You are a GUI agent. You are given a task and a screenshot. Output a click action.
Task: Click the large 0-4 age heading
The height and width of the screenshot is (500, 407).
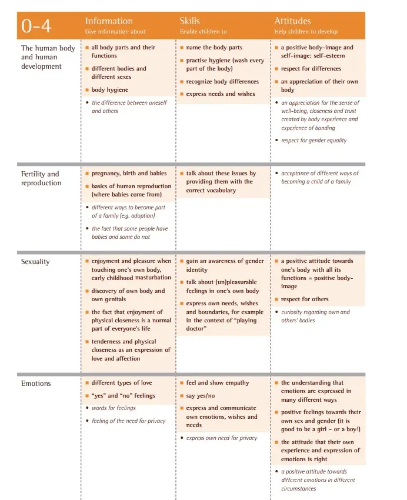click(x=36, y=26)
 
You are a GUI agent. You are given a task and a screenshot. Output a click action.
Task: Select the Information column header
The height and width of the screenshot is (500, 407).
click(x=109, y=21)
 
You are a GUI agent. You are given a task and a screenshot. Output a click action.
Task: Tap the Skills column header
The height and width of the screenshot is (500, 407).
click(x=189, y=21)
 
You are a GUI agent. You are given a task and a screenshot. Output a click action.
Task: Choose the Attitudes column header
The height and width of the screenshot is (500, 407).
click(x=292, y=21)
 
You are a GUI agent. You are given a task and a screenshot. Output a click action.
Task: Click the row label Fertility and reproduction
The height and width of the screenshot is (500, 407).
click(x=41, y=178)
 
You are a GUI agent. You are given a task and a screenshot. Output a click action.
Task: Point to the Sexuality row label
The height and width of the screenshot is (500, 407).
click(x=35, y=262)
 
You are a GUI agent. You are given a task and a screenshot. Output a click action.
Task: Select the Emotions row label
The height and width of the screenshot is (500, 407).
click(x=36, y=384)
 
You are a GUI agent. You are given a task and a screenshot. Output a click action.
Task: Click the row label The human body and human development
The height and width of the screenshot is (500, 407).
click(x=48, y=57)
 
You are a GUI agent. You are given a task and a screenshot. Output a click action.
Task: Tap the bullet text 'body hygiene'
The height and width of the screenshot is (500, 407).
click(x=109, y=90)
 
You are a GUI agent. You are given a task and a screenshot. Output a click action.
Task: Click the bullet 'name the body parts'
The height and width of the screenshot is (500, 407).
click(x=214, y=48)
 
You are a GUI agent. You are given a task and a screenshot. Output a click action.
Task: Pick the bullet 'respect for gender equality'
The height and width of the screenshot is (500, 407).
click(x=313, y=141)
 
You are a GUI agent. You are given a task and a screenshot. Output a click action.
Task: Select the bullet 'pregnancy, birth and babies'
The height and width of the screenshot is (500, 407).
click(x=129, y=174)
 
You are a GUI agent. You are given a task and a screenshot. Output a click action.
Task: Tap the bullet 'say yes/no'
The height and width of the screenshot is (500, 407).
click(x=201, y=396)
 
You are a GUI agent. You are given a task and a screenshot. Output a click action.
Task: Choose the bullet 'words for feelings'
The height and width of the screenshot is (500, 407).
click(x=114, y=408)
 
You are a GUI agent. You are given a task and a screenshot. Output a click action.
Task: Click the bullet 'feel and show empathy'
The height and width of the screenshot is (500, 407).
click(x=218, y=383)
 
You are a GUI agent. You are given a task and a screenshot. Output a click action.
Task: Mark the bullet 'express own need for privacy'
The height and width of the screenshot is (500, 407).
click(x=222, y=438)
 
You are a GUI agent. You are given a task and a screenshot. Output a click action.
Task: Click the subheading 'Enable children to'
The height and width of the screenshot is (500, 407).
click(x=203, y=32)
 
